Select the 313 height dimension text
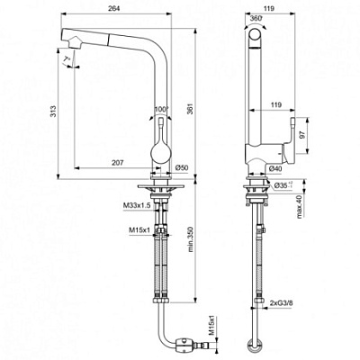(x=53, y=112)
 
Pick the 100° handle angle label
(x=162, y=111)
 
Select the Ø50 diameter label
(x=180, y=168)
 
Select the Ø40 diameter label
(x=275, y=168)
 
